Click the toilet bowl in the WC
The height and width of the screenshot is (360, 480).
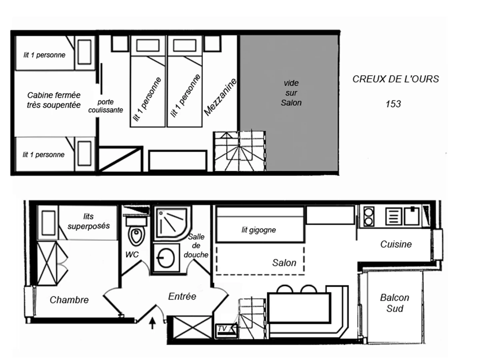[x=137, y=236]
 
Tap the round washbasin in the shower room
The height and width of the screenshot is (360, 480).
[x=166, y=258]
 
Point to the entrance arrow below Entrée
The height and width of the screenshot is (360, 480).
[x=152, y=323]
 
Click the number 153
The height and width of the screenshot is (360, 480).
[x=393, y=104]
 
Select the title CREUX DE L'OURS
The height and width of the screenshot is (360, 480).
[x=396, y=79]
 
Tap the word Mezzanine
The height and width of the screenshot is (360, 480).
[x=220, y=97]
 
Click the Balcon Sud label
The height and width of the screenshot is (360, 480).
[x=394, y=303]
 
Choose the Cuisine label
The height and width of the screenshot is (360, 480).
[x=396, y=244]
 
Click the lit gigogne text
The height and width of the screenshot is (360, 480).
[x=258, y=230]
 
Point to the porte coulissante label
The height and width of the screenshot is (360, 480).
[x=106, y=106]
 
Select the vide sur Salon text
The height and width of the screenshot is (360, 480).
[x=291, y=93]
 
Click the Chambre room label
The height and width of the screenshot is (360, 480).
[x=69, y=300]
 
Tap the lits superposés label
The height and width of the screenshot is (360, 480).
[x=88, y=221]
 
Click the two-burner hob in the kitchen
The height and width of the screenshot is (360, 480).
[x=369, y=216]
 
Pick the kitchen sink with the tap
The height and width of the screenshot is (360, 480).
[x=412, y=216]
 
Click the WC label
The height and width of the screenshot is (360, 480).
[x=132, y=254]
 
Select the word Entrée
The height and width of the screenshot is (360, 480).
[x=182, y=296]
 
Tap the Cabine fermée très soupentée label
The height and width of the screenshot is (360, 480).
[x=54, y=100]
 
